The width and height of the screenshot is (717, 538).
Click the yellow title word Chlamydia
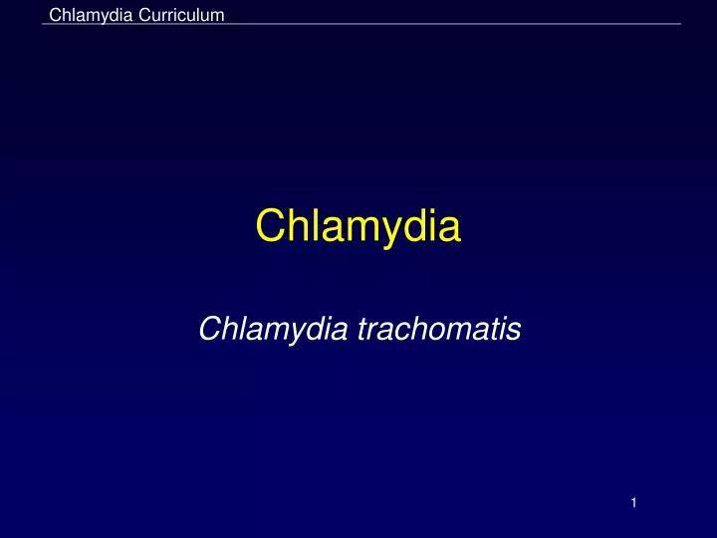(358, 227)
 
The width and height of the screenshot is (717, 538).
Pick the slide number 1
(632, 504)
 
